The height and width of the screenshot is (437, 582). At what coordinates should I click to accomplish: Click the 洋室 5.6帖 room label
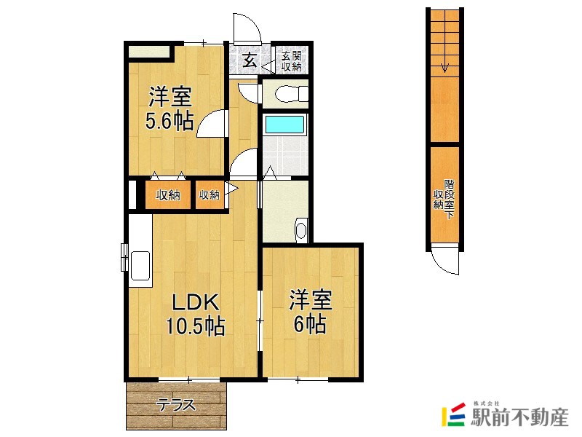[171, 109]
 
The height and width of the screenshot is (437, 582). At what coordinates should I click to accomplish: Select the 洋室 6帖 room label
[311, 312]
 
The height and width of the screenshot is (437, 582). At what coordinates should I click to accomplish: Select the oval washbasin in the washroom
[302, 231]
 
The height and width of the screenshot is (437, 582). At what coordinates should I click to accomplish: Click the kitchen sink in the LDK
[140, 261]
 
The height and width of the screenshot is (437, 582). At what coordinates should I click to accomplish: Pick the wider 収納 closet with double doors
[168, 195]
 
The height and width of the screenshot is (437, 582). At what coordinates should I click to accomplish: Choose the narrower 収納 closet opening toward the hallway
[210, 195]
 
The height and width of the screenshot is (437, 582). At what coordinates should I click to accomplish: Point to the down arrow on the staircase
[444, 69]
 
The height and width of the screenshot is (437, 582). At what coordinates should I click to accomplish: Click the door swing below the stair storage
[445, 261]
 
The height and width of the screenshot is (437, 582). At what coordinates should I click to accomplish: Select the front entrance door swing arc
[248, 28]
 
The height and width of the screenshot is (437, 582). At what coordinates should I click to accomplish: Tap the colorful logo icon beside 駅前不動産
[455, 416]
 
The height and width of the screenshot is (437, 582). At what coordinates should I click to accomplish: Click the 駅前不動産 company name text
[519, 417]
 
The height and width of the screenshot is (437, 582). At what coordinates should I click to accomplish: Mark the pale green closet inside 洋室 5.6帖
[149, 52]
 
